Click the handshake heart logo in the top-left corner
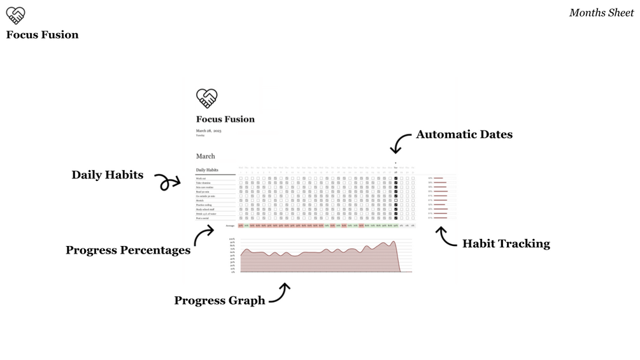pyautogui.click(x=15, y=15)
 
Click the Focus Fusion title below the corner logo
pyautogui.click(x=42, y=35)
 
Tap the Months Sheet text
pyautogui.click(x=601, y=13)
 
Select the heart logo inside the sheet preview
pyautogui.click(x=206, y=98)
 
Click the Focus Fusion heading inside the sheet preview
pyautogui.click(x=225, y=119)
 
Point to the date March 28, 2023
pyautogui.click(x=209, y=131)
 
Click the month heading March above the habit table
pyautogui.click(x=206, y=156)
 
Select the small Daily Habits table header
pyautogui.click(x=207, y=170)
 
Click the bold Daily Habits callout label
pyautogui.click(x=107, y=175)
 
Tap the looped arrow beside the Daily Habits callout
pyautogui.click(x=168, y=182)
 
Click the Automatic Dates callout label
pyautogui.click(x=464, y=134)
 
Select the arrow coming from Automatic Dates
pyautogui.click(x=400, y=143)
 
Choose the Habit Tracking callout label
pyautogui.click(x=506, y=243)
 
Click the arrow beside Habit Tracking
pyautogui.click(x=446, y=236)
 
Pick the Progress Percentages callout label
pyautogui.click(x=128, y=250)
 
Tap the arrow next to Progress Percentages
pyautogui.click(x=203, y=235)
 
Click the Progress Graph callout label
pyautogui.click(x=220, y=301)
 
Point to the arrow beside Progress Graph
pyautogui.click(x=280, y=292)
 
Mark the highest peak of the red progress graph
pyautogui.click(x=394, y=241)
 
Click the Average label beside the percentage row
pyautogui.click(x=230, y=226)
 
